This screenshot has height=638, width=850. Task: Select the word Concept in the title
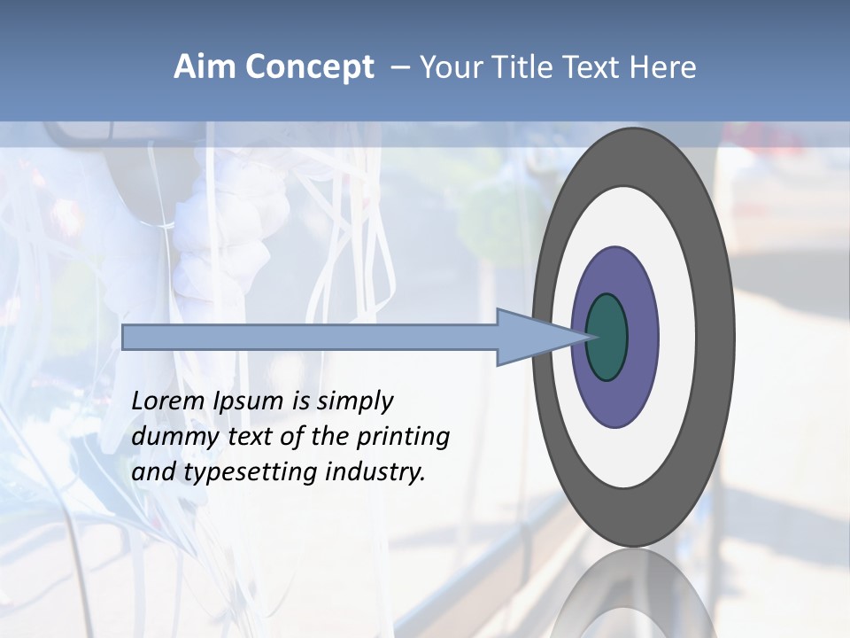click(x=309, y=67)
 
